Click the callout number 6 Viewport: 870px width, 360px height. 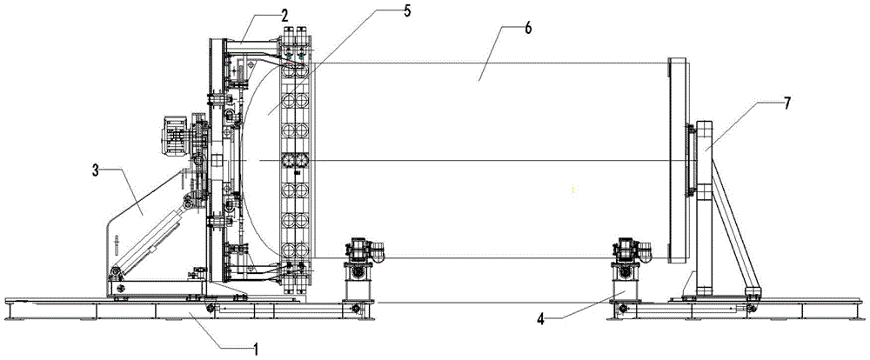(x=506, y=28)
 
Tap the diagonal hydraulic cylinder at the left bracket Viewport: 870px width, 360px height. (x=151, y=239)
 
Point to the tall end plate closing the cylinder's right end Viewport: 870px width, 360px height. (x=676, y=160)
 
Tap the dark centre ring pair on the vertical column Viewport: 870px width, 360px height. (x=296, y=162)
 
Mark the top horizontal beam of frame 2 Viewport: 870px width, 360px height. (x=248, y=43)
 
